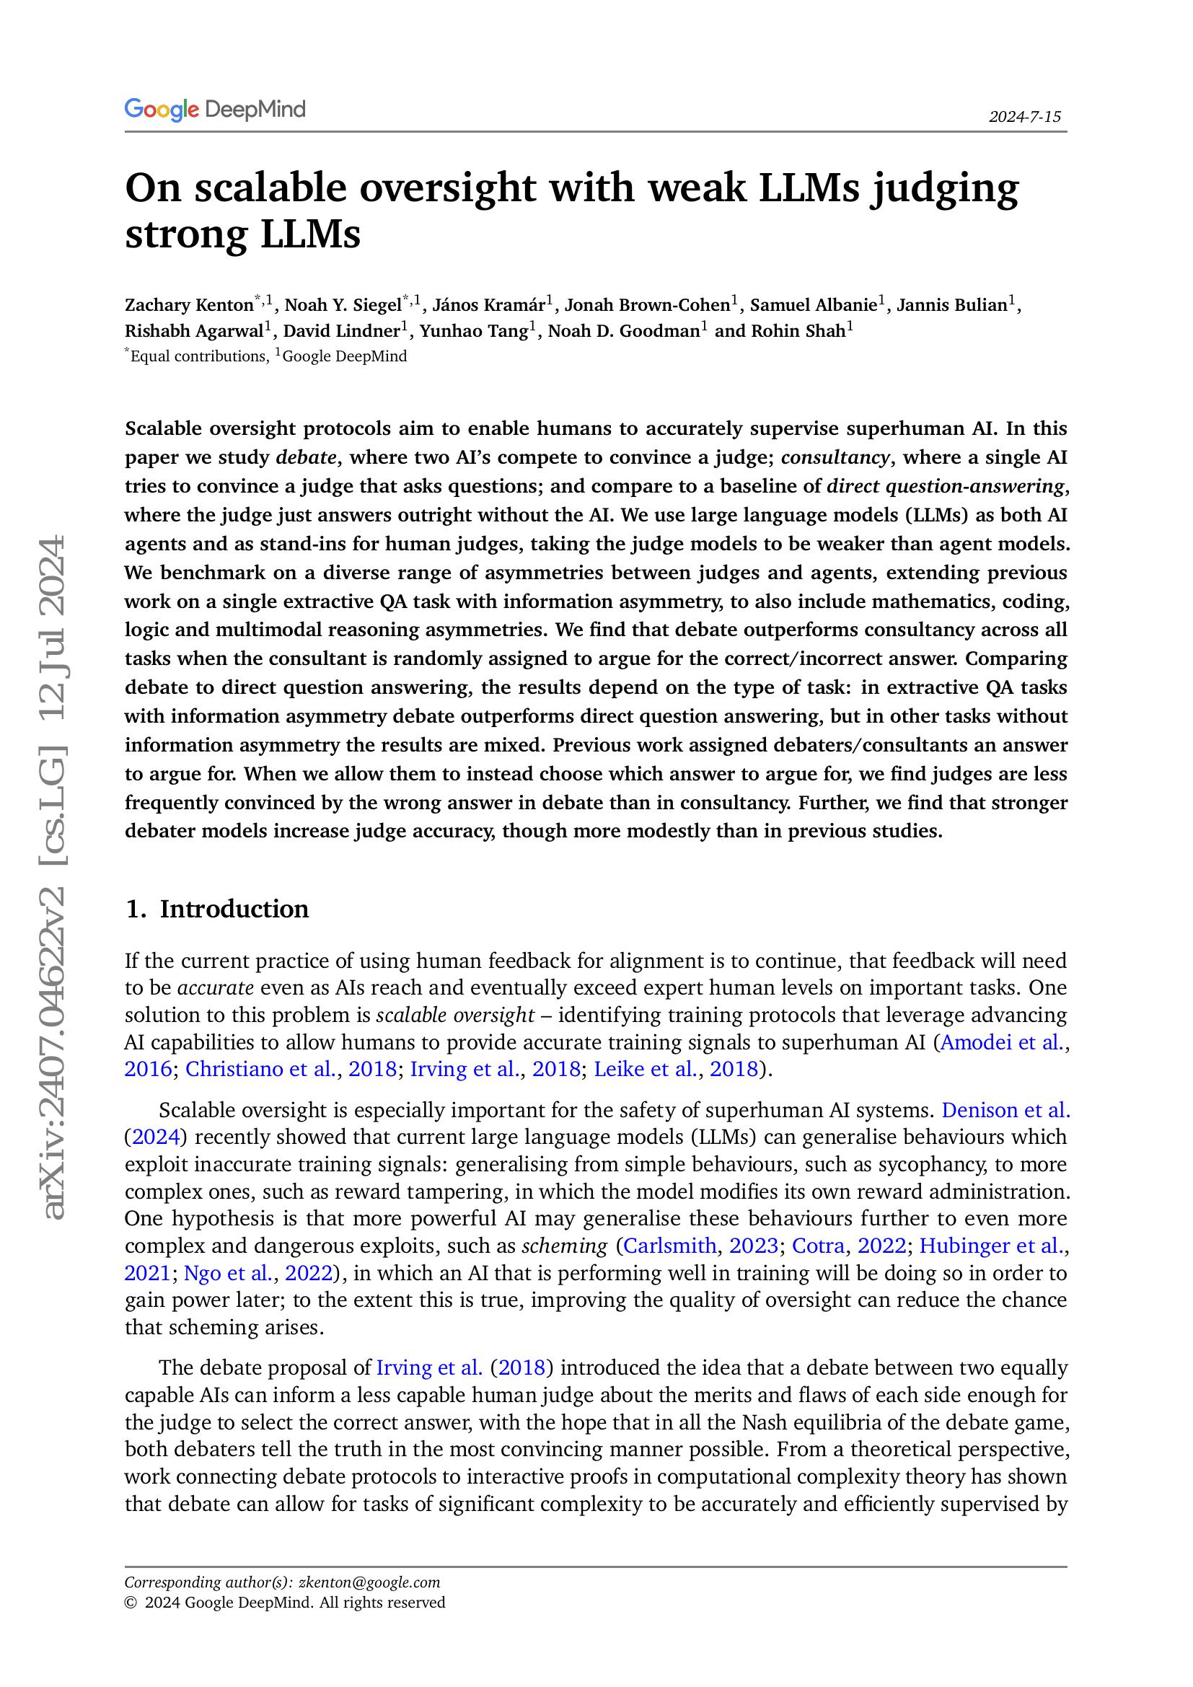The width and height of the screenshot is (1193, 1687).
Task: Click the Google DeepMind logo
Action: click(214, 110)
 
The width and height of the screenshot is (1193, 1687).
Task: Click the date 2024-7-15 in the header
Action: click(1024, 117)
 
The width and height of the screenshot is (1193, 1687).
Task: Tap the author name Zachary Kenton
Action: click(189, 305)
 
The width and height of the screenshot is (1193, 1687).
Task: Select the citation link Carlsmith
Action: click(669, 1246)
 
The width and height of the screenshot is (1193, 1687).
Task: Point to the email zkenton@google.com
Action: click(369, 1582)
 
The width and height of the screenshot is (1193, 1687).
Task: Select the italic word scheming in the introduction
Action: click(564, 1246)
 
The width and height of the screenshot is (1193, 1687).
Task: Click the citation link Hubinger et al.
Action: click(991, 1246)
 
